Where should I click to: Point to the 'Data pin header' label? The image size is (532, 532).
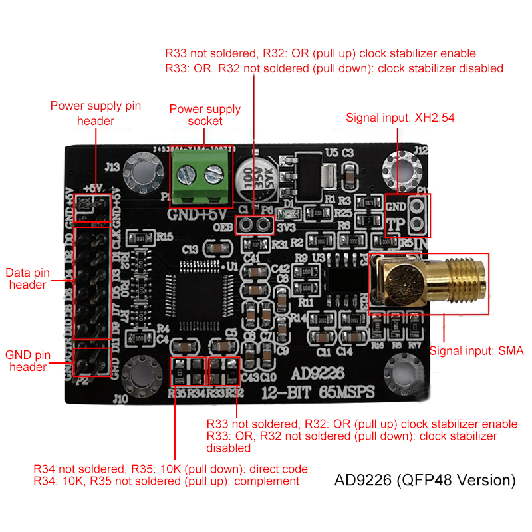25,278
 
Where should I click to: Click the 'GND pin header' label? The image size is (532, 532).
27,361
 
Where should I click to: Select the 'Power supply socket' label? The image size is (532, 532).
205,115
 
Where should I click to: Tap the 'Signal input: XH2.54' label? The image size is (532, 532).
400,118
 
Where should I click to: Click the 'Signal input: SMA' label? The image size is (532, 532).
476,351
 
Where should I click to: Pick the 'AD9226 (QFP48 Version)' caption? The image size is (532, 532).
425,479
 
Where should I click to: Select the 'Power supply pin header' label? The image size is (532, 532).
96,113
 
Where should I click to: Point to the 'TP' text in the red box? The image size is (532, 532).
396,224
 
